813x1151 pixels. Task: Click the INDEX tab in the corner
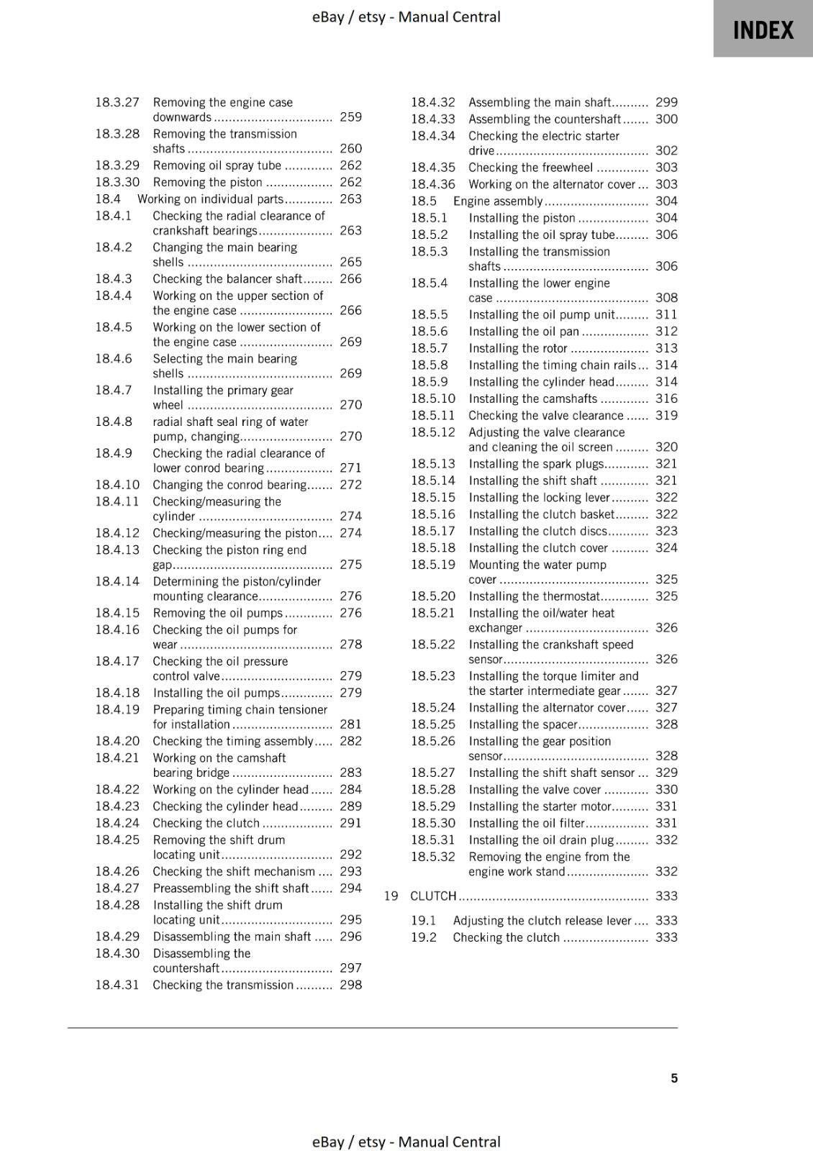[763, 29]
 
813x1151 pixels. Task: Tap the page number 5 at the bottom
[674, 1078]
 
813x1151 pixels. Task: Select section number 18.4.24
[117, 823]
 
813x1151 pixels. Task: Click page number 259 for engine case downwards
[350, 117]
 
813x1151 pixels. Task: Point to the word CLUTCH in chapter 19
[433, 896]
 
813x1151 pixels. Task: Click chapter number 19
[391, 896]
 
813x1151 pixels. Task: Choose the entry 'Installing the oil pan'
[523, 331]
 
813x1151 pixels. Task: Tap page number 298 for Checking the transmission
[350, 985]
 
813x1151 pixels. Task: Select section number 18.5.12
[433, 432]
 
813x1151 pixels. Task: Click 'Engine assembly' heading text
[497, 201]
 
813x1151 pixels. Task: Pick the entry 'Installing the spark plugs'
[536, 464]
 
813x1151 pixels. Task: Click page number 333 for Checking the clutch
[666, 937]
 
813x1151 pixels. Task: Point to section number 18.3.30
[117, 182]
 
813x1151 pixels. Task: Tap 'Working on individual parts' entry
[210, 199]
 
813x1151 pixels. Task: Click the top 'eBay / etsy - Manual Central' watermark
[406, 17]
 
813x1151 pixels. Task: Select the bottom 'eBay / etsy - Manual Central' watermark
[406, 1142]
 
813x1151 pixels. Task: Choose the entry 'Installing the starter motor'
[539, 806]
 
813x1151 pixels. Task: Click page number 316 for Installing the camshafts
[666, 399]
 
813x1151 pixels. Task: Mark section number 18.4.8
[114, 422]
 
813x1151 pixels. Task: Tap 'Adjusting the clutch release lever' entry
[542, 921]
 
